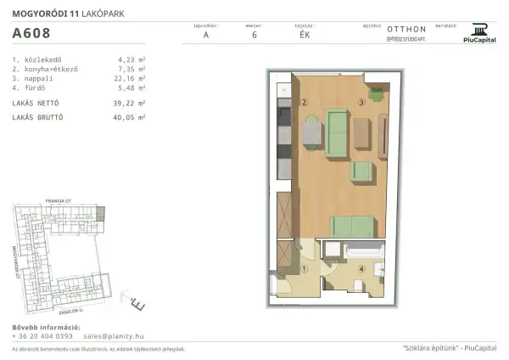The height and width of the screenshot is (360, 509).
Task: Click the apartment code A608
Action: (x=31, y=34)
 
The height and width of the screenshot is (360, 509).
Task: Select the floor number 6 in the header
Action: (x=254, y=36)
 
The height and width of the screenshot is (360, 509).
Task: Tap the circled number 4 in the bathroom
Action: (x=361, y=271)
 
